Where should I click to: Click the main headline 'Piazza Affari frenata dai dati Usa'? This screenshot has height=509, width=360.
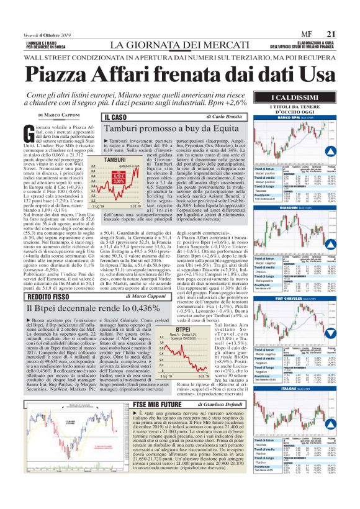tap(179, 73)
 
